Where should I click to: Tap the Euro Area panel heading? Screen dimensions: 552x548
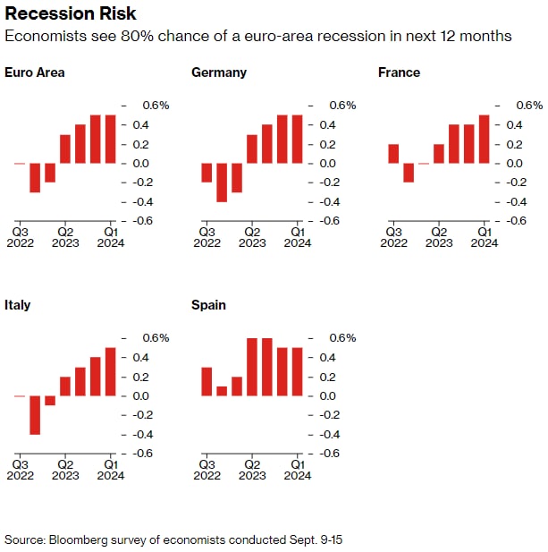coord(35,72)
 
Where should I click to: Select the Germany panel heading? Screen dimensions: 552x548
coord(220,72)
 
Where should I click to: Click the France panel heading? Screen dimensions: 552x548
coord(400,72)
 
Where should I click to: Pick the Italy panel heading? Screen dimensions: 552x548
coord(17,305)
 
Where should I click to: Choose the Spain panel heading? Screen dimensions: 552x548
coord(208,305)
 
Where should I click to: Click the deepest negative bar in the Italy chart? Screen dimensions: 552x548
coord(35,414)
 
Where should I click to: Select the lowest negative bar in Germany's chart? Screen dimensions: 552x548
coord(222,182)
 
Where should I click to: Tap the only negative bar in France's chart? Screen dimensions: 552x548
coord(409,172)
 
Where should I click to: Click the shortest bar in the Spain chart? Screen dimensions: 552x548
coord(222,391)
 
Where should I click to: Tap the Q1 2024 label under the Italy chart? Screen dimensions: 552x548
coord(110,469)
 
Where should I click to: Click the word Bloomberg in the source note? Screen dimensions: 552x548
coord(75,539)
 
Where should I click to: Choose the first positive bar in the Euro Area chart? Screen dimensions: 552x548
coord(65,149)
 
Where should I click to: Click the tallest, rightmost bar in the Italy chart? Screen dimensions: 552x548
coord(110,371)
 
